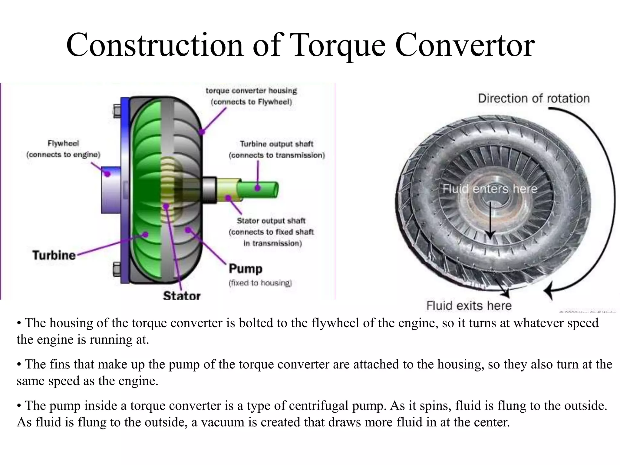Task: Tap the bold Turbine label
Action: pos(54,255)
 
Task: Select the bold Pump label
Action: pos(245,269)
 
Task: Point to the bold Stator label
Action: pos(182,295)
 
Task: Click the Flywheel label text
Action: pos(63,143)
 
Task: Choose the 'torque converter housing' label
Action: pos(251,91)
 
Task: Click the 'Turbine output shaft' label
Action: pos(276,144)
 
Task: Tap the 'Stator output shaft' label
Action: pos(271,221)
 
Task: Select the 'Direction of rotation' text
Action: pos(534,98)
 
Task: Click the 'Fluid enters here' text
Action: pos(490,189)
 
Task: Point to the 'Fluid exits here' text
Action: pos(469,305)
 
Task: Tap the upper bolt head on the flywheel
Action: pos(117,111)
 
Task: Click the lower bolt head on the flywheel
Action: pos(117,269)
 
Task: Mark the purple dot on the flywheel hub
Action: pos(107,174)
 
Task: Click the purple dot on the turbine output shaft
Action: pos(258,188)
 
